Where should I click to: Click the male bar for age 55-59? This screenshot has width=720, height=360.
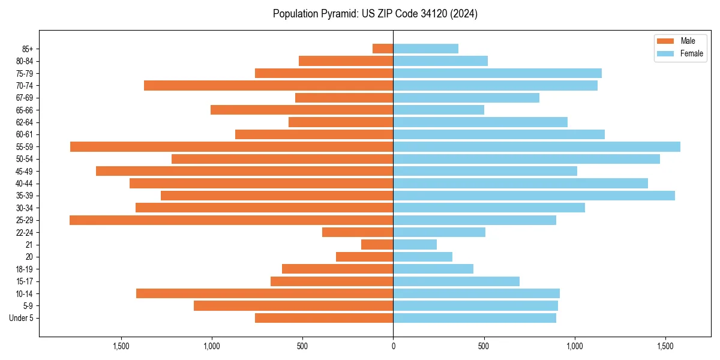[x=232, y=146]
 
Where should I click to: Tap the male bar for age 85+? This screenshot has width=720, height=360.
[x=383, y=49]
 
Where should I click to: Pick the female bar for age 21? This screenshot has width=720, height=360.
[x=415, y=244]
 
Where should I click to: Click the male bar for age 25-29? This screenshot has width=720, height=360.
[x=232, y=220]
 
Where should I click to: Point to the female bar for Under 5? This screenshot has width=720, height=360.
[x=475, y=318]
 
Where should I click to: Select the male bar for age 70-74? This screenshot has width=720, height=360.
[x=269, y=85]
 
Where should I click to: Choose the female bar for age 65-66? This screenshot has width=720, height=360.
[x=439, y=110]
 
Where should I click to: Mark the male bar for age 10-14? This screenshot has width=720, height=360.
[x=265, y=293]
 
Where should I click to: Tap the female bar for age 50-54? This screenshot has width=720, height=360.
[x=526, y=159]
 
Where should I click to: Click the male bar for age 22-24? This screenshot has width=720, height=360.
[x=358, y=232]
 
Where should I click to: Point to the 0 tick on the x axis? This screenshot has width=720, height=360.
[x=393, y=346]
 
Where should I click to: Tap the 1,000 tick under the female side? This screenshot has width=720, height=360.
[x=575, y=346]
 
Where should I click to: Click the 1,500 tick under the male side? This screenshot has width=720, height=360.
[x=121, y=346]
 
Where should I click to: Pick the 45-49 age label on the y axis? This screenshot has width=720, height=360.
[x=25, y=171]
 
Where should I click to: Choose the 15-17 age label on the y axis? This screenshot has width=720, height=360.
[x=25, y=281]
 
